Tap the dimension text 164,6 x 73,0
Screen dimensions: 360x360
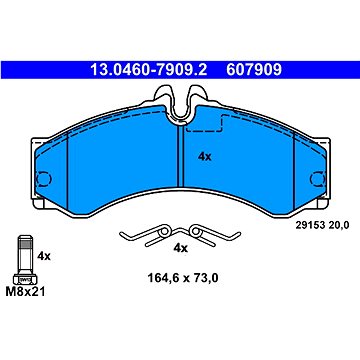point(181,281)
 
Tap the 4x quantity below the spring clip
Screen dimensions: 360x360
point(181,247)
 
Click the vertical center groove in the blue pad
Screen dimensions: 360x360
point(180,150)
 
